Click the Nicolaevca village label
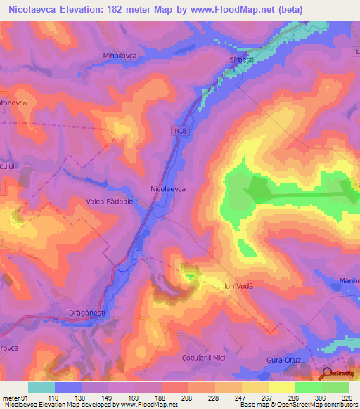[168, 189]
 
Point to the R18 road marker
[182, 129]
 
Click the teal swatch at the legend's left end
[41, 387]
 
